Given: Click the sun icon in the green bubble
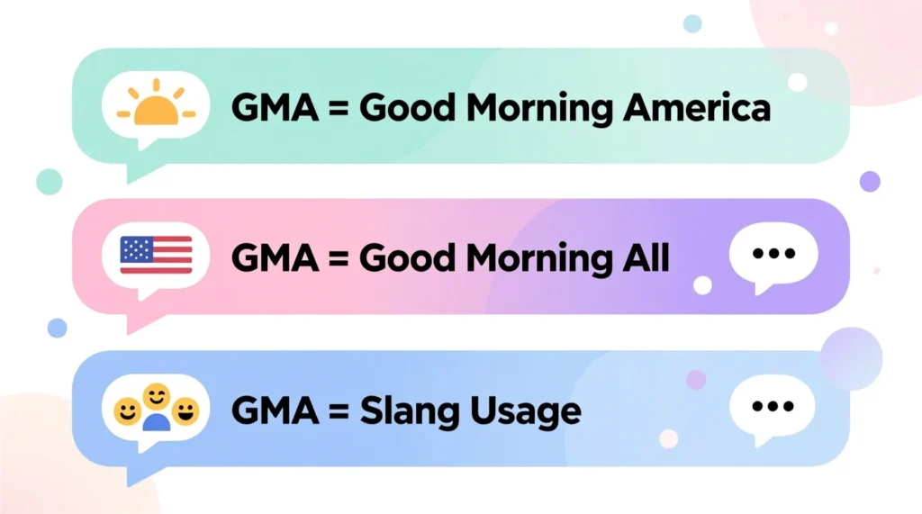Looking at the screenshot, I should point(155,105).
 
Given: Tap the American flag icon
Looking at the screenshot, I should point(156,255).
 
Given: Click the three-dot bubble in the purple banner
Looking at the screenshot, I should point(773,254).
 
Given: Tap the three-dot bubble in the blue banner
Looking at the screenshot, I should point(772,406).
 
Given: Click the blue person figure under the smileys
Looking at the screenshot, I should point(157,422).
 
